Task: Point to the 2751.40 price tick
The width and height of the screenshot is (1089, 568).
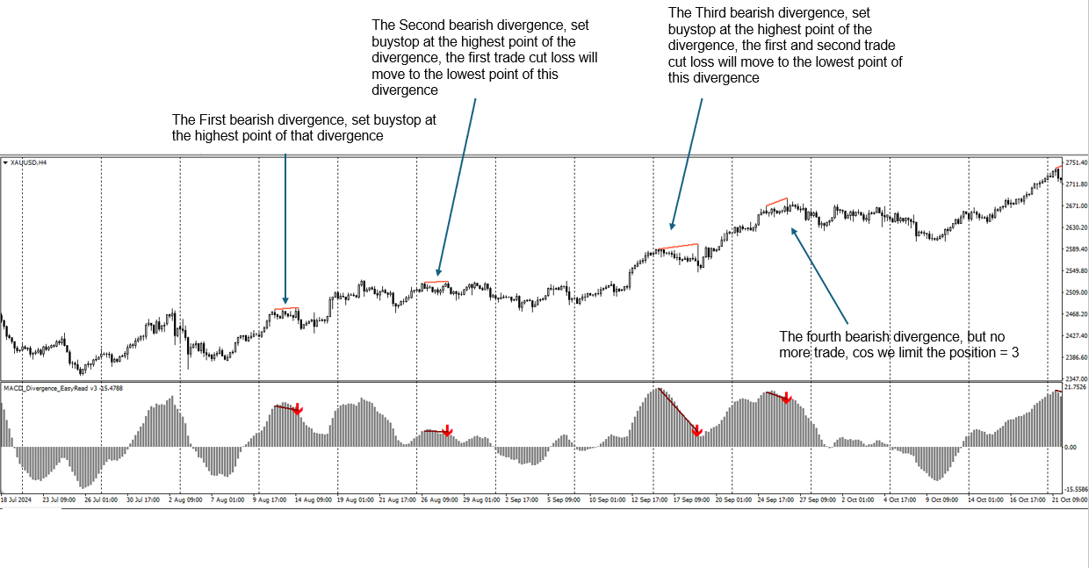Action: click(1076, 163)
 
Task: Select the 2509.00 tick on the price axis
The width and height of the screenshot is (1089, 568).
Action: click(1076, 292)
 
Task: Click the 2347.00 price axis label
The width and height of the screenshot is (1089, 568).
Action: click(1076, 378)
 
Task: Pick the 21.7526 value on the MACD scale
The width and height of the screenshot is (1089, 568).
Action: click(1076, 387)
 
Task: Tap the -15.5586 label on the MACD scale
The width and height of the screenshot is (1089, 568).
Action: click(1076, 489)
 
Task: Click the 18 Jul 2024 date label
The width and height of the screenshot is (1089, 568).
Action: click(16, 500)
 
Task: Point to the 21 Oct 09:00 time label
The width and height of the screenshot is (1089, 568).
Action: click(1071, 500)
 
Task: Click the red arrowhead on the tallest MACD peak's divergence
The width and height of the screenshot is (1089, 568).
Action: click(696, 430)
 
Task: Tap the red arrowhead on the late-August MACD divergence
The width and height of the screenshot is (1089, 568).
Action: click(447, 431)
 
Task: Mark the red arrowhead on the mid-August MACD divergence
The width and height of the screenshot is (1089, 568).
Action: click(298, 409)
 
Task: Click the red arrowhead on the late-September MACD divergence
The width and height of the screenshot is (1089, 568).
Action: click(787, 399)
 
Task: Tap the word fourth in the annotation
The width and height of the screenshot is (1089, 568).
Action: click(824, 336)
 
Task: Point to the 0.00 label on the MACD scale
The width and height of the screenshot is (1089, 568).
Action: click(1071, 447)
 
